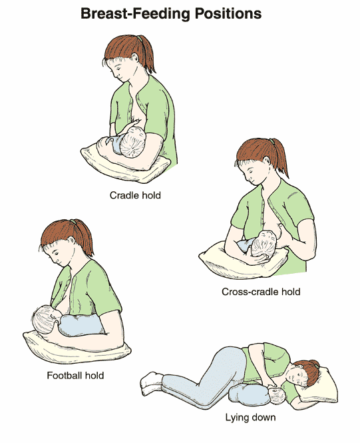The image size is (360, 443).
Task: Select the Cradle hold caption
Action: (x=135, y=195)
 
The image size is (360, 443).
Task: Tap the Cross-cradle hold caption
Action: (x=261, y=292)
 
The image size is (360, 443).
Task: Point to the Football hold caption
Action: (x=75, y=376)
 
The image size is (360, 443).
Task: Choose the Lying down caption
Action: (x=250, y=417)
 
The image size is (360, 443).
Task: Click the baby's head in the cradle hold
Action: (x=133, y=143)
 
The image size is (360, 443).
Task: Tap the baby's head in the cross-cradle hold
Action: (x=264, y=244)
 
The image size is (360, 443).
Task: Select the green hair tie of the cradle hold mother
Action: (x=139, y=38)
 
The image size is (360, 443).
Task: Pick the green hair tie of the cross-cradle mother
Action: (x=271, y=141)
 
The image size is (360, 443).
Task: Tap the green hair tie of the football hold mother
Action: (x=74, y=222)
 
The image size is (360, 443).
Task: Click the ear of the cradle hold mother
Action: (x=135, y=58)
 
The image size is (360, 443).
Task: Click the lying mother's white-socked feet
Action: (x=151, y=383)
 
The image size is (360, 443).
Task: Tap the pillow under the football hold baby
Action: (x=78, y=348)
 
